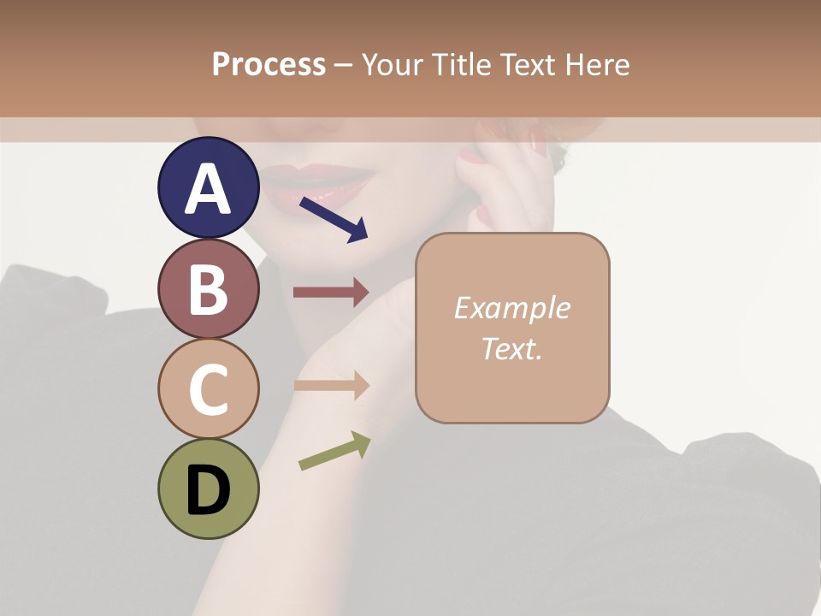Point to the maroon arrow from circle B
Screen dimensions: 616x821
click(331, 293)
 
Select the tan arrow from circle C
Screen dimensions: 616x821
click(331, 385)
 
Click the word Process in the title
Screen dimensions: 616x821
click(269, 65)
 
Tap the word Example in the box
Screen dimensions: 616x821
click(511, 308)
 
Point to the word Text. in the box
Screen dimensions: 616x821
click(511, 348)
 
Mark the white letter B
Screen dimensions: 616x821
click(208, 289)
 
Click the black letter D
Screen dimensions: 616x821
click(208, 490)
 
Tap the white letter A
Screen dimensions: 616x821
click(208, 188)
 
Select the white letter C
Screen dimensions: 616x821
click(208, 389)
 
